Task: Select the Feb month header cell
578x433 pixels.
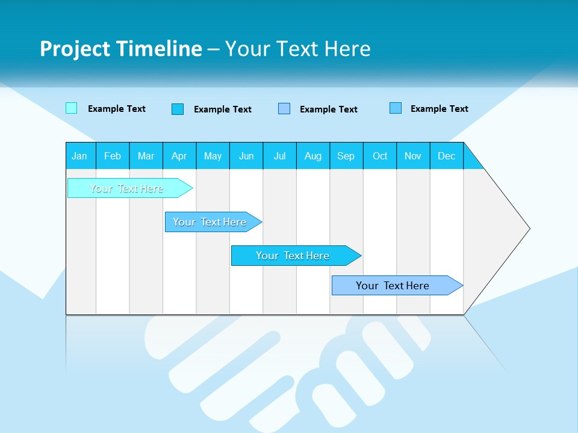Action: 113,156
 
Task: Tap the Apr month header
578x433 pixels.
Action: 179,156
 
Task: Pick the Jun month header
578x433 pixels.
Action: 246,156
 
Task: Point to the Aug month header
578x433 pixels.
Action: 313,156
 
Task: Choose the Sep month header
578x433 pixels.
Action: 346,156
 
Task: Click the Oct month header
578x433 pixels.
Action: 380,156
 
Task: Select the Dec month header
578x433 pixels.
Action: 447,156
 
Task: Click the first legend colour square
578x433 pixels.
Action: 71,108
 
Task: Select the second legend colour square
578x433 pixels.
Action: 178,109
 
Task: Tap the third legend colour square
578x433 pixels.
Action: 284,109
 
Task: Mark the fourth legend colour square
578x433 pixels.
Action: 396,108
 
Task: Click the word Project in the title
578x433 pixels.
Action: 75,49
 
